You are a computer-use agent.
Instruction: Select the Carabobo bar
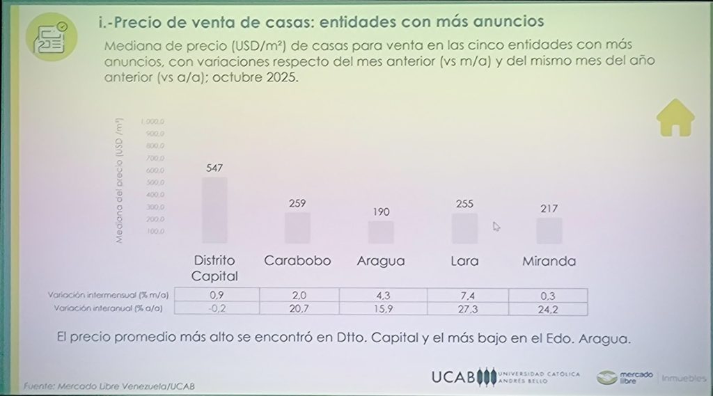coord(297,228)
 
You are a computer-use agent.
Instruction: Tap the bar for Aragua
coord(381,232)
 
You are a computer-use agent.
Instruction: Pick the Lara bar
coord(464,228)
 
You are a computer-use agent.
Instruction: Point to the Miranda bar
coord(549,230)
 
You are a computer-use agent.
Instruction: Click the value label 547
coord(214,168)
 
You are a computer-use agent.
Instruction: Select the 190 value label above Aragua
coord(381,212)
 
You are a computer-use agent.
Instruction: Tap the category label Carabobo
coord(297,262)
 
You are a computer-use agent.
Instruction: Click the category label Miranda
coord(549,262)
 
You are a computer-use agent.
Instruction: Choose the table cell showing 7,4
coord(467,295)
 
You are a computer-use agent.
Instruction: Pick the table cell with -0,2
coord(217,308)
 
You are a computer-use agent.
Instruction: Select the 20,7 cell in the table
coord(300,308)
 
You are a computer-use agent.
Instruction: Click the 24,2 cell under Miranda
coord(549,308)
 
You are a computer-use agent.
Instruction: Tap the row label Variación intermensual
coord(109,295)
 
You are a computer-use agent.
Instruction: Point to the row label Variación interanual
coord(109,308)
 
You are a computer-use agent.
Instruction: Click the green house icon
coord(675,118)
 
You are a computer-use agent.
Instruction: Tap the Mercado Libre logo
coord(625,377)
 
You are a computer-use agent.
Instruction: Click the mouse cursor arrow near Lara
coord(496,225)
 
